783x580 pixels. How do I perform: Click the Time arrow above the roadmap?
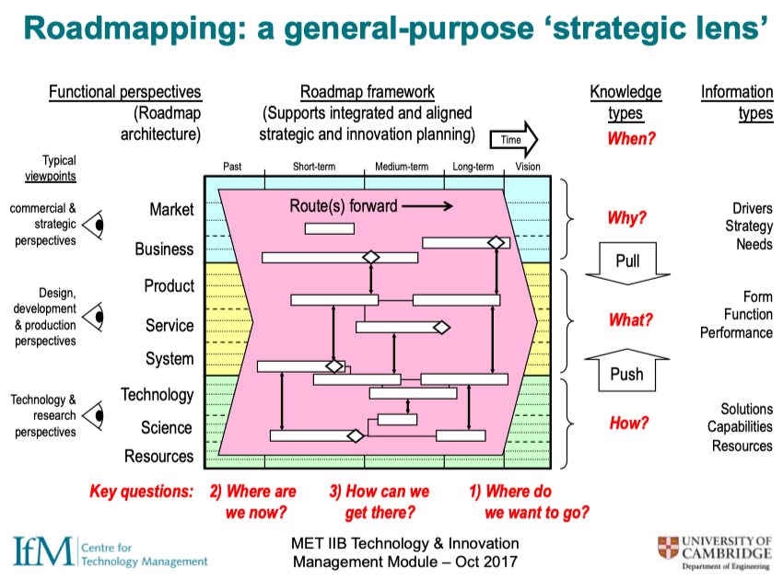(x=515, y=138)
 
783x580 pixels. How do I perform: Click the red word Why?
(x=627, y=219)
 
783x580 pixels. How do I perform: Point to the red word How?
(x=629, y=423)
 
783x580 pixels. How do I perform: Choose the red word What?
(x=631, y=320)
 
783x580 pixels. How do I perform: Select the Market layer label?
(x=171, y=210)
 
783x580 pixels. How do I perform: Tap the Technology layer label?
(x=158, y=395)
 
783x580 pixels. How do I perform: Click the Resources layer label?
(x=159, y=456)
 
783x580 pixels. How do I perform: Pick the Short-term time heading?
(x=315, y=167)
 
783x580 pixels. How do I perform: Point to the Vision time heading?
(x=528, y=167)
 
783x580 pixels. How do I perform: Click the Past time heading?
(x=233, y=167)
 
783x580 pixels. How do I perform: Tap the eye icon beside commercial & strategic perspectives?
(x=94, y=224)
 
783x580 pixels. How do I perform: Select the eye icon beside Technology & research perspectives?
(x=94, y=415)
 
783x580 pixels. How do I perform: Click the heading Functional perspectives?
(x=124, y=92)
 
